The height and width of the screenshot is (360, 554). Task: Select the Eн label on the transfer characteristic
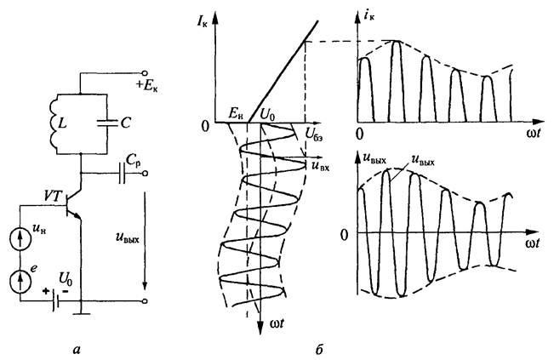pyautogui.click(x=234, y=111)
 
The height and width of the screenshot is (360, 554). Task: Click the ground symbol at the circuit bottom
pyautogui.click(x=82, y=316)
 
